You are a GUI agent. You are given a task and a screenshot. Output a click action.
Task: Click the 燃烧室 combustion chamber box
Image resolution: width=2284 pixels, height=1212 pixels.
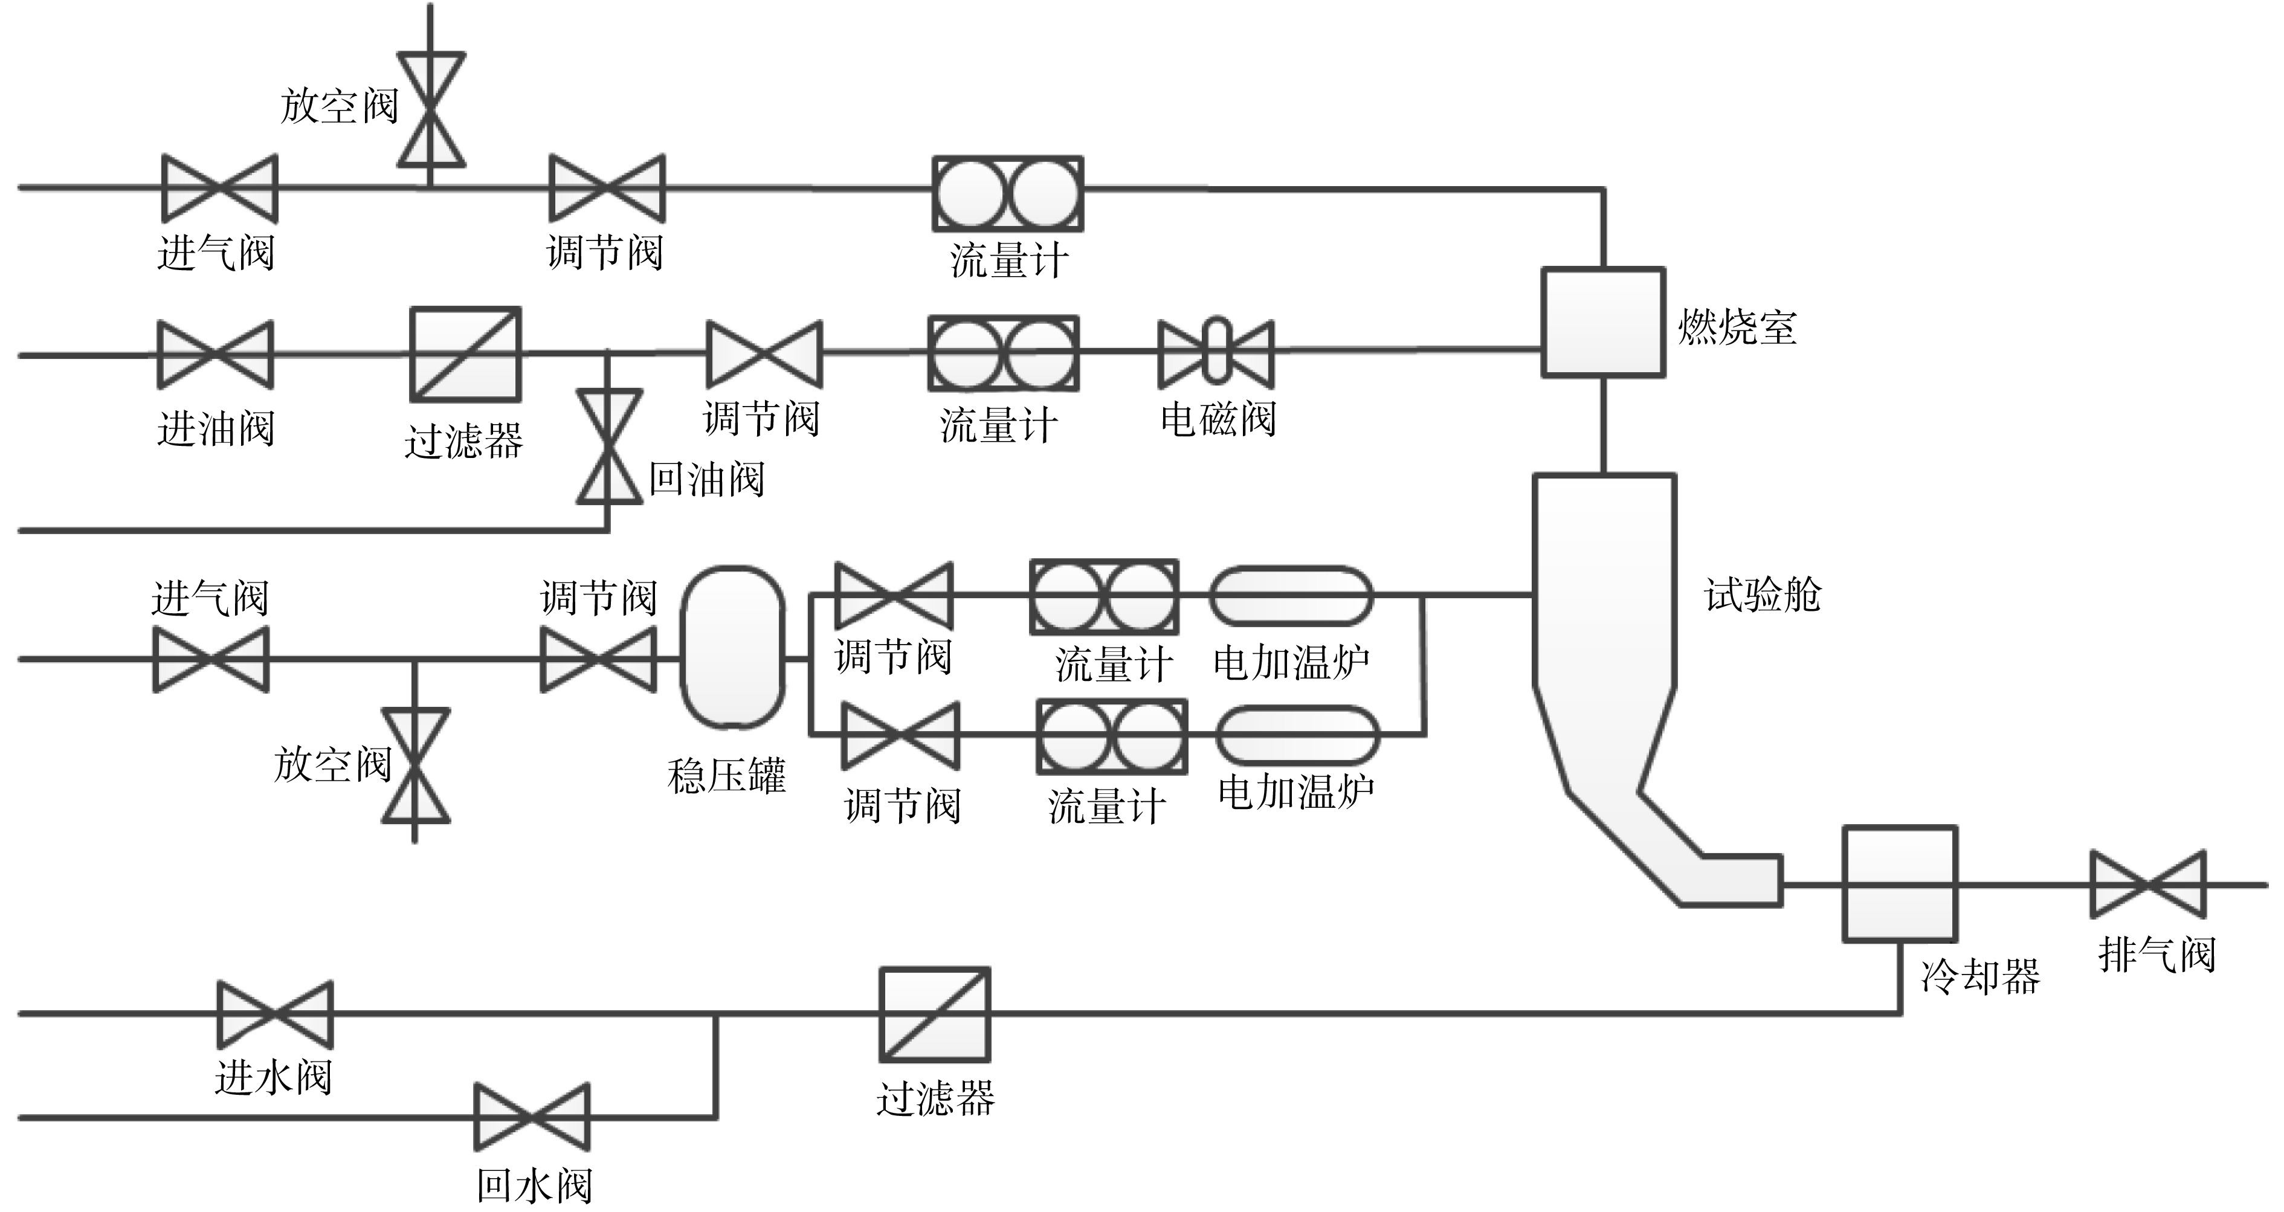[1603, 323]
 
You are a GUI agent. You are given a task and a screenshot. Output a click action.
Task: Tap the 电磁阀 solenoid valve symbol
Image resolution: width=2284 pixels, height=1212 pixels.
[1216, 354]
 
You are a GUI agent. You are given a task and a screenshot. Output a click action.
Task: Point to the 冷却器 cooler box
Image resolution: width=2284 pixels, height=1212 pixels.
[1900, 883]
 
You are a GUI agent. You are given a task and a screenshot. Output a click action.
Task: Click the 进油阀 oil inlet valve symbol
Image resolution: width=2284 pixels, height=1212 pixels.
[216, 355]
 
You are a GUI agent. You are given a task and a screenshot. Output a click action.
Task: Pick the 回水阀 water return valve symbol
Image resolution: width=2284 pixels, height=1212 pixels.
[532, 1117]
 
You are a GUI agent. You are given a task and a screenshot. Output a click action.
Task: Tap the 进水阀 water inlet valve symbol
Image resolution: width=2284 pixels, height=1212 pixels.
[276, 1014]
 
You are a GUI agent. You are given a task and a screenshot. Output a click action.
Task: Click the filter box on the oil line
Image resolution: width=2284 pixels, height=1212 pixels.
[465, 355]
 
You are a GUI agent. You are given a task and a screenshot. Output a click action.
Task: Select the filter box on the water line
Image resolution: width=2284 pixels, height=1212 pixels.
[935, 1014]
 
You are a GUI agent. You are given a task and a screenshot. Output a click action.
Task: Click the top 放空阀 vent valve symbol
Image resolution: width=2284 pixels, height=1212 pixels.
[431, 110]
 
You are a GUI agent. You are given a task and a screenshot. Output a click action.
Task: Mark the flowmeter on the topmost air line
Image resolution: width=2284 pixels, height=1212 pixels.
[1008, 193]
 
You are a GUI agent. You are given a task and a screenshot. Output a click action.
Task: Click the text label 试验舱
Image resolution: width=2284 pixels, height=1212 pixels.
[1763, 595]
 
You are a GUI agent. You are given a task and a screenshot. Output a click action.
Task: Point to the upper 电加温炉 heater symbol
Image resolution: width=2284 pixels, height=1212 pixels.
[1291, 596]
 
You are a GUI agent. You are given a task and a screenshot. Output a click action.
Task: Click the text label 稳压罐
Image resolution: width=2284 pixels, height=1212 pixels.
[727, 776]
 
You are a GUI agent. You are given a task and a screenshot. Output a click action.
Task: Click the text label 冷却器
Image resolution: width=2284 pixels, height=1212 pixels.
[1981, 976]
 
